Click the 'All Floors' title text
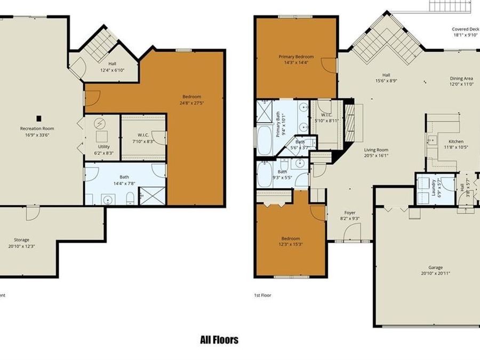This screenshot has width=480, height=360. [219, 340]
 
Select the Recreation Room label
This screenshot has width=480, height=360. [37, 129]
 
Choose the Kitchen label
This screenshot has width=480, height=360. [456, 141]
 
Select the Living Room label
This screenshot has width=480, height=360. [376, 150]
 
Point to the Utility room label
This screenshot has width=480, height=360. [103, 146]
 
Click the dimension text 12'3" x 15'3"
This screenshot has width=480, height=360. [291, 244]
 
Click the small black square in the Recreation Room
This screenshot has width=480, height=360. [38, 118]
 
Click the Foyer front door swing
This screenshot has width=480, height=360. [352, 231]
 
